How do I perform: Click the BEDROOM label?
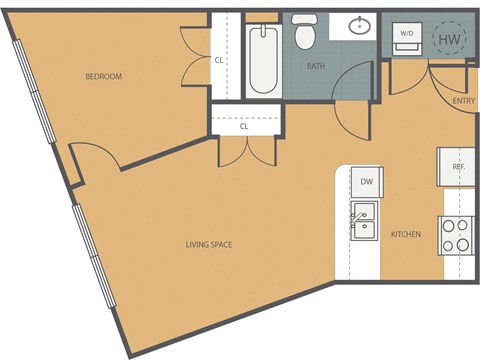[x=104, y=76]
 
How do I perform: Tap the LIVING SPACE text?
[x=209, y=243]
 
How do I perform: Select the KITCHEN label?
[x=406, y=234]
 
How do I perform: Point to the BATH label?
[x=316, y=66]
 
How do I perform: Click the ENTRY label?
[x=463, y=100]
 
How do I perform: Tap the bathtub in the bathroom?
[x=264, y=59]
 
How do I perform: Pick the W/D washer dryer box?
[x=407, y=34]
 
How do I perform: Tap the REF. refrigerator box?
[x=458, y=166]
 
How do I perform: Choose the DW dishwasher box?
[x=366, y=181]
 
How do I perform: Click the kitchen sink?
[x=362, y=217]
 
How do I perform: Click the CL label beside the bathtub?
[x=219, y=59]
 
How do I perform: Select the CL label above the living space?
[x=244, y=127]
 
